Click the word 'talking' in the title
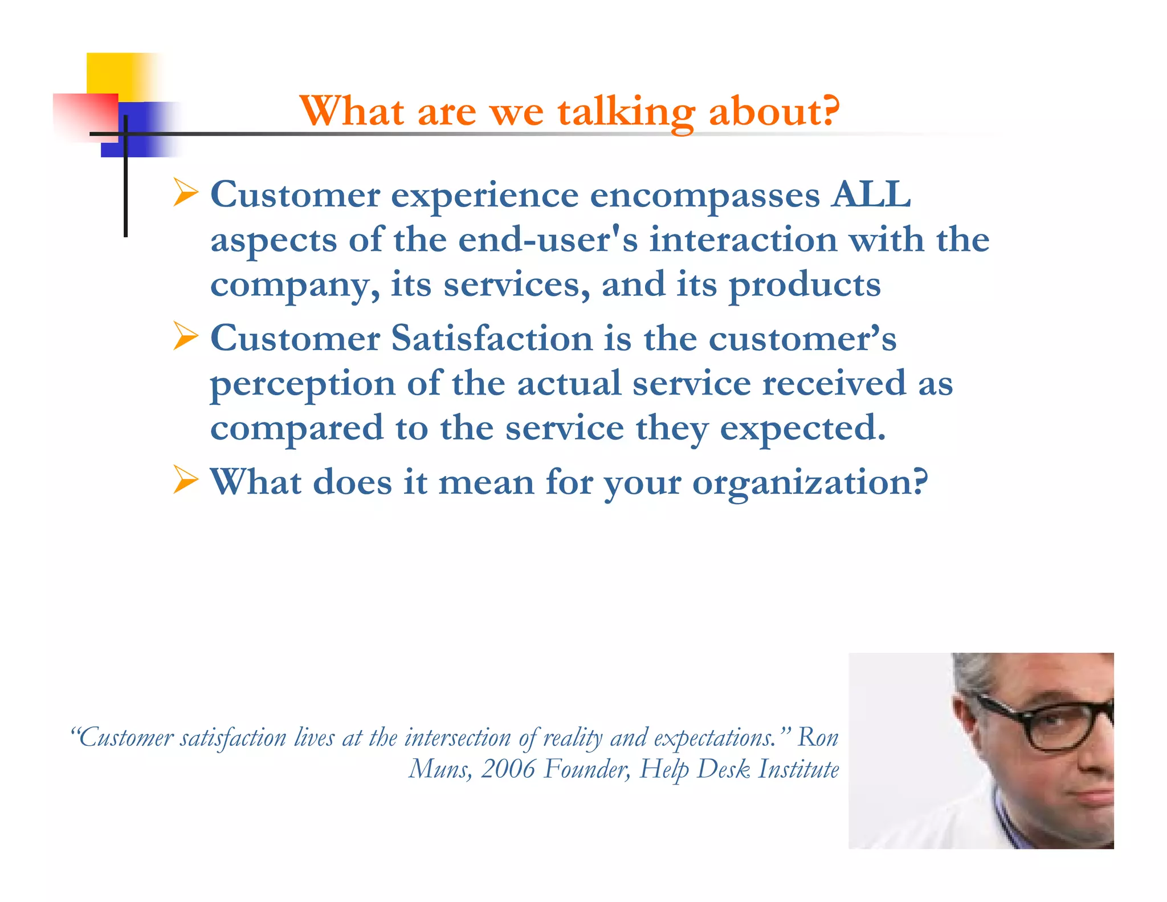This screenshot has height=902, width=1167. [626, 112]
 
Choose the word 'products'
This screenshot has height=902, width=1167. [805, 285]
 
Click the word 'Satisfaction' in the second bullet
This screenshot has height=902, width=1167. [492, 338]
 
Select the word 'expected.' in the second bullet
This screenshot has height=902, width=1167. [803, 429]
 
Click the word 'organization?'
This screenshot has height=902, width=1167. [810, 483]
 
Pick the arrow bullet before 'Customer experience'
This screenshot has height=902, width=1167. [185, 193]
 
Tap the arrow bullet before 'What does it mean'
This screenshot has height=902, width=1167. [185, 480]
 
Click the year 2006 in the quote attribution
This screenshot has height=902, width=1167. [508, 769]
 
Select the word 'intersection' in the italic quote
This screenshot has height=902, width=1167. [458, 738]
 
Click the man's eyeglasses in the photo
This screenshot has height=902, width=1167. [1054, 721]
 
